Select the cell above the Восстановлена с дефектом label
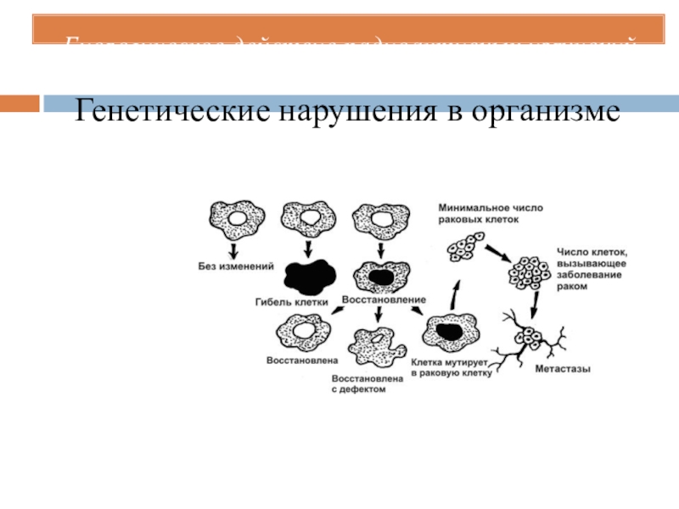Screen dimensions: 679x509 (x=376, y=346)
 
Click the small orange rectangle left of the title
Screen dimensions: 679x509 (x=19, y=104)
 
